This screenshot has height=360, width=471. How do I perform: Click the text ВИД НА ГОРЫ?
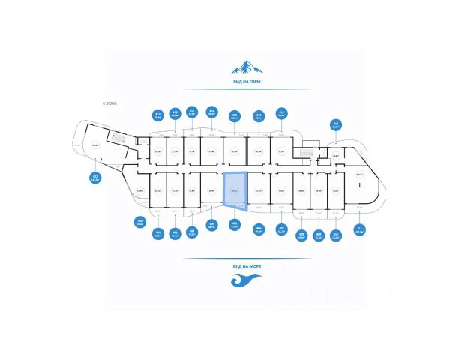tap(247, 81)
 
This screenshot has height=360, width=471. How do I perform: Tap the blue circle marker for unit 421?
tap(95, 178)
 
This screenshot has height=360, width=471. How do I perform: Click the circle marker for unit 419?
tap(157, 115)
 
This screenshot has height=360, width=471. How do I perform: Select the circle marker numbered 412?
tap(336, 125)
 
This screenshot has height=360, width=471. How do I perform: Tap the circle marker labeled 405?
tap(235, 223)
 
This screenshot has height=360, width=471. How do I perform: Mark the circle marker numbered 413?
tap(281, 114)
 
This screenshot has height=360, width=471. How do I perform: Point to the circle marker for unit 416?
tap(211, 112)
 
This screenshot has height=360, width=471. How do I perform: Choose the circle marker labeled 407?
tap(281, 228)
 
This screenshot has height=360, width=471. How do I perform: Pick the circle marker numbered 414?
tap(258, 115)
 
